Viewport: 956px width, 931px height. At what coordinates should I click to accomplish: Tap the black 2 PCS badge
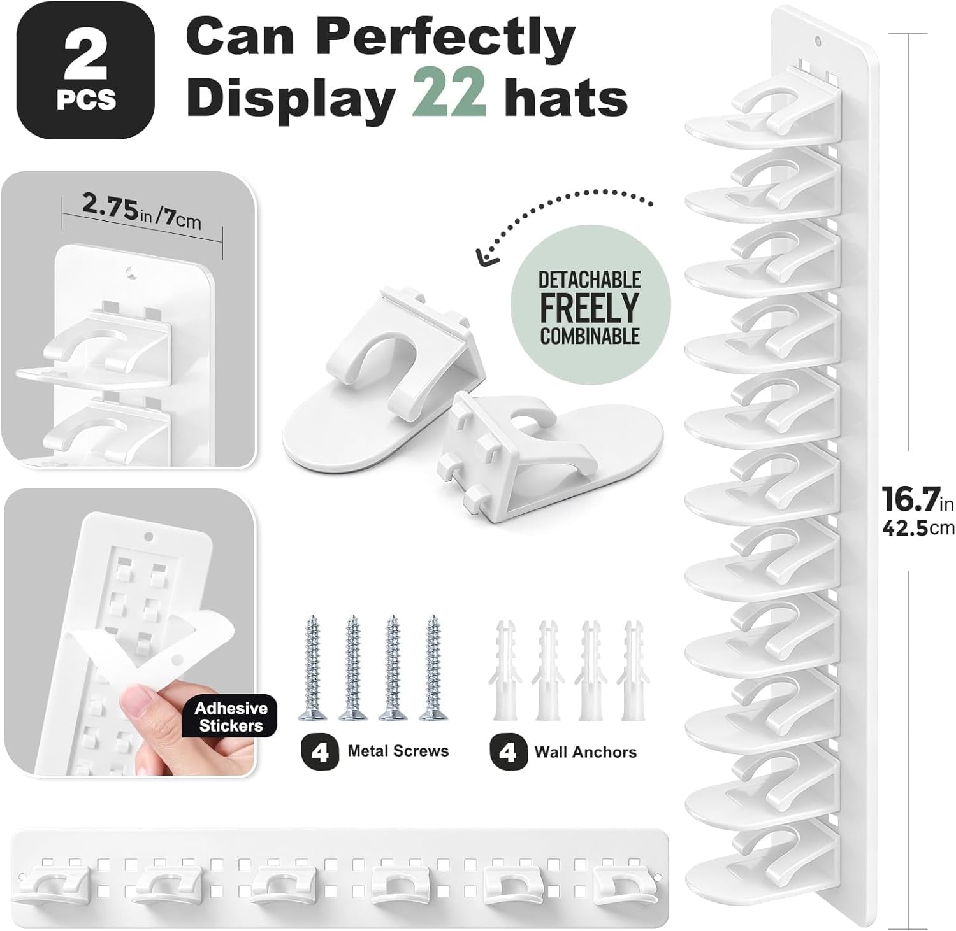pos(85,70)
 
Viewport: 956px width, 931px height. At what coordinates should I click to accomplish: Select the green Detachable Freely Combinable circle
pos(590,307)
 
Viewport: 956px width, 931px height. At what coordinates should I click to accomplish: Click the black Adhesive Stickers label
pos(231,717)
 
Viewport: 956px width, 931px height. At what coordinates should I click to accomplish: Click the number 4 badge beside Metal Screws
pos(320,751)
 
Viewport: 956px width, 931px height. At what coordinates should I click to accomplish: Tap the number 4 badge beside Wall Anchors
pos(509,751)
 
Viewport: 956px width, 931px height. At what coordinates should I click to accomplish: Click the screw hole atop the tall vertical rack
pos(819,43)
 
